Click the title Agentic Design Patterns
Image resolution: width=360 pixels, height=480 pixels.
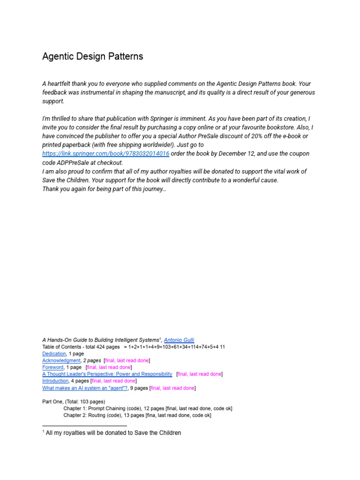point(92,57)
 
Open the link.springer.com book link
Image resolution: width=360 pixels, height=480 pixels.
point(105,154)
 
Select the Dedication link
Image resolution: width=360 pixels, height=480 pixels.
point(54,353)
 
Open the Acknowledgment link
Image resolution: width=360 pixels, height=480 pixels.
point(61,360)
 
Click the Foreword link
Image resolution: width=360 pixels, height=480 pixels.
point(52,367)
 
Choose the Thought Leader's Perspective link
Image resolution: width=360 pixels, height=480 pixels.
point(107,374)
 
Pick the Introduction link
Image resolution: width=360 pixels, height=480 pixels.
point(55,381)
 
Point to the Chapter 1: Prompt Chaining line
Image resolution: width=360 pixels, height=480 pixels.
point(148,408)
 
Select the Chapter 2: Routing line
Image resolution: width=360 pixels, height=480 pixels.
point(137,415)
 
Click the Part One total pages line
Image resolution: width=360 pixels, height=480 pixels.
point(74,402)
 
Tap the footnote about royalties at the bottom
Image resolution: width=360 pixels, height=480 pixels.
point(112,433)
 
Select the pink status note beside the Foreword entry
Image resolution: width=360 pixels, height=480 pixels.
point(109,367)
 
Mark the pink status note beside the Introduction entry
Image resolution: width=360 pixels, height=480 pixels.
point(113,381)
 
